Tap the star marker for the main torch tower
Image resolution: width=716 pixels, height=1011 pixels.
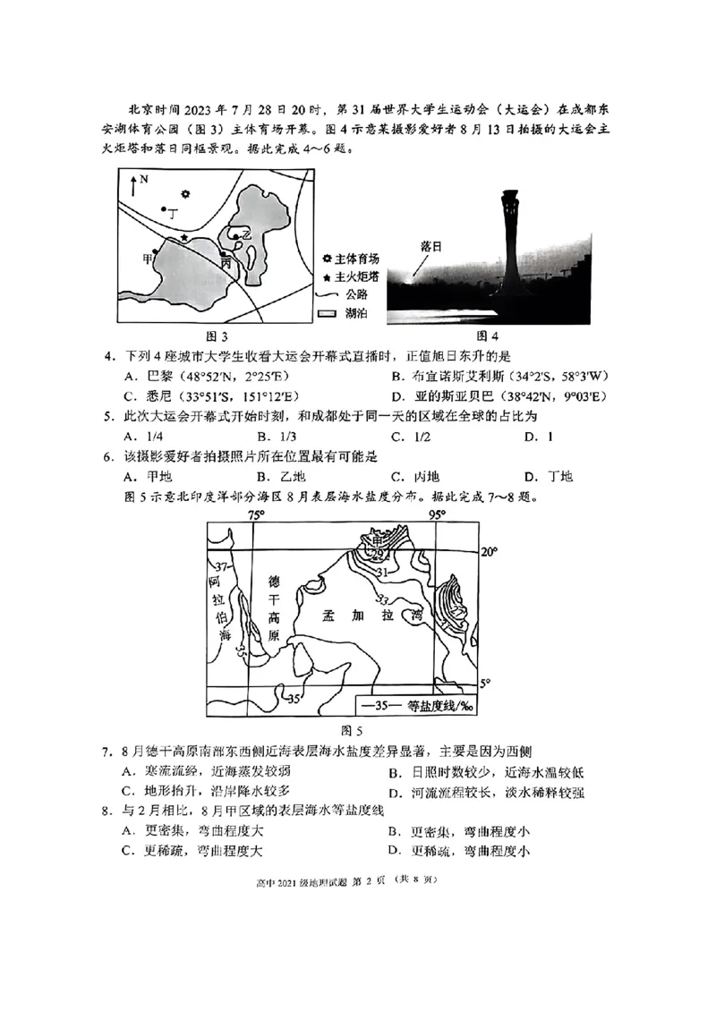coord(184,237)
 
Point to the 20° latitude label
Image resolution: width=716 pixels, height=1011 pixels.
coord(490,551)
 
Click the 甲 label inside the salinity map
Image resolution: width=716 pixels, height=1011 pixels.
coord(376,540)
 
